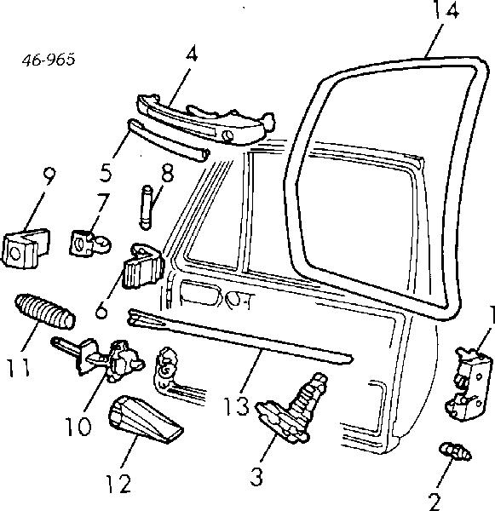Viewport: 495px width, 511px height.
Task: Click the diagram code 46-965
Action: tap(49, 60)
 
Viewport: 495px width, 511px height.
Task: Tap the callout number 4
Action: tap(192, 55)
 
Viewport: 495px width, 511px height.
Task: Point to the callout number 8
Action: tap(167, 173)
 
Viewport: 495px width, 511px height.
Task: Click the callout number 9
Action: tap(49, 176)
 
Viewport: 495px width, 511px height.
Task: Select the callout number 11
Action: tap(19, 367)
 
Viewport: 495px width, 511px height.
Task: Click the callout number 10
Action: tap(78, 426)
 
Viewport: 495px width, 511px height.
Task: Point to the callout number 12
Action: tap(118, 484)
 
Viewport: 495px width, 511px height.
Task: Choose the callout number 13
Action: tap(237, 405)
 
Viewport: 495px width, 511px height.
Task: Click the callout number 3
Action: tap(256, 476)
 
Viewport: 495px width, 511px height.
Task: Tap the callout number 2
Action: tap(435, 502)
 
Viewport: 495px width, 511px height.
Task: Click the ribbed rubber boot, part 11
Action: tap(44, 311)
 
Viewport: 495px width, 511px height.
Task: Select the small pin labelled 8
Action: tap(147, 208)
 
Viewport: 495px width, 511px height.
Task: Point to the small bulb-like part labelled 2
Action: tap(455, 451)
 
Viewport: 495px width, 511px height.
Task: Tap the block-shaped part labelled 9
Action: tap(26, 248)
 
